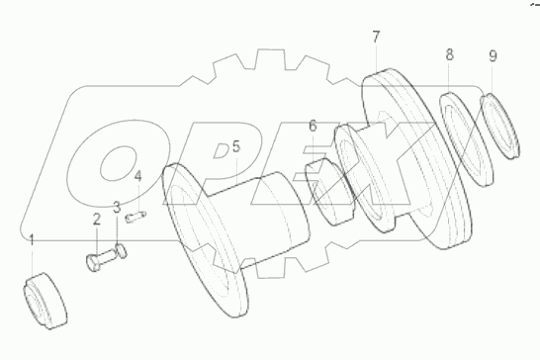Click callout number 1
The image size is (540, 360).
pyautogui.click(x=32, y=240)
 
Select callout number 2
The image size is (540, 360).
pyautogui.click(x=97, y=219)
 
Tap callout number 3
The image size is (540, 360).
pyautogui.click(x=117, y=208)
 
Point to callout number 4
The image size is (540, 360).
pyautogui.click(x=138, y=177)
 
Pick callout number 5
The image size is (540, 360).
pyautogui.click(x=235, y=147)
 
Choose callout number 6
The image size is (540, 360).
pyautogui.click(x=313, y=127)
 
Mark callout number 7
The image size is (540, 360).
pyautogui.click(x=376, y=38)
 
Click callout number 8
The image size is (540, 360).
pyautogui.click(x=449, y=54)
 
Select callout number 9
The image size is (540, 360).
pyautogui.click(x=493, y=56)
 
